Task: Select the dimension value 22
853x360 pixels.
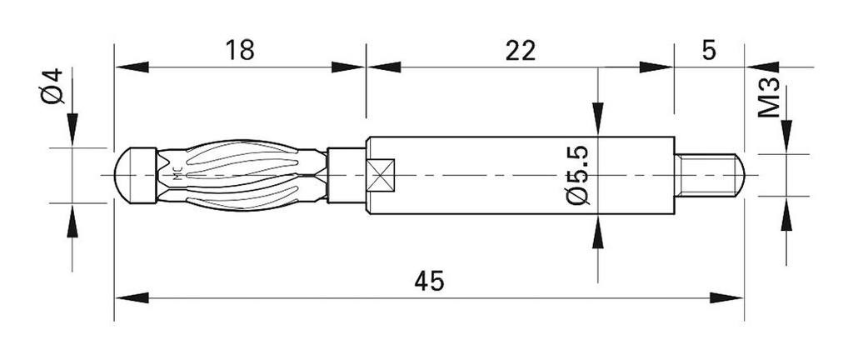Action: coord(519,50)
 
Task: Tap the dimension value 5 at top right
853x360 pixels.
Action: coord(709,50)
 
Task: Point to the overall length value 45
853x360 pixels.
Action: coord(429,281)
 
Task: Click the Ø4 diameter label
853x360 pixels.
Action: coord(52,87)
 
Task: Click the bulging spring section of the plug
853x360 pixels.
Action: coord(242,175)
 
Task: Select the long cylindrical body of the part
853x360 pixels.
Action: coord(516,175)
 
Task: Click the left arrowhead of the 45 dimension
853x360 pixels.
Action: coord(130,297)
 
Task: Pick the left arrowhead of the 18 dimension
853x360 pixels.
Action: coord(130,67)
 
